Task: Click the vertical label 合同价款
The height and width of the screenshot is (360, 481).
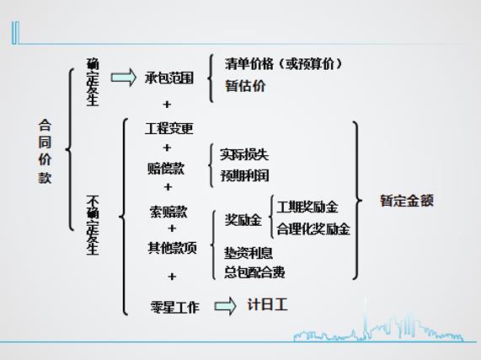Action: [45, 151]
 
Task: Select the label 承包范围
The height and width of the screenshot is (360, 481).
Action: [169, 78]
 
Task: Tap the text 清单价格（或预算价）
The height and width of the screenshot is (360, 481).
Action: [283, 64]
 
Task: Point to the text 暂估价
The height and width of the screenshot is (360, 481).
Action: [245, 86]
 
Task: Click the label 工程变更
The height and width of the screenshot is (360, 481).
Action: [169, 128]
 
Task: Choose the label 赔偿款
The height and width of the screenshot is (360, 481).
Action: [166, 169]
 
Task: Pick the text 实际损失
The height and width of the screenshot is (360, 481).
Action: [244, 154]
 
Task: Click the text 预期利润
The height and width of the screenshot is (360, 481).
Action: [244, 175]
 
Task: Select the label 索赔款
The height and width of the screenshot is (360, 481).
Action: [168, 212]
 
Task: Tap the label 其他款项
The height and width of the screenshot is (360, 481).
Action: [172, 248]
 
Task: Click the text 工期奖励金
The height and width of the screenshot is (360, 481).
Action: [307, 207]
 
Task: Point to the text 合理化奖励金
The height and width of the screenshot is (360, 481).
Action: [313, 229]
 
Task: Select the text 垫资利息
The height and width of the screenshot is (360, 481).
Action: [249, 253]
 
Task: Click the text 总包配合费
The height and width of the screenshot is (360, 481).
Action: [254, 272]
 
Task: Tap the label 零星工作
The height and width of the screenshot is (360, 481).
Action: [175, 307]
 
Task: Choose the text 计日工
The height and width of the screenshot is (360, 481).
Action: [267, 304]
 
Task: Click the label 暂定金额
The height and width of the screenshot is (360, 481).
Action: [407, 201]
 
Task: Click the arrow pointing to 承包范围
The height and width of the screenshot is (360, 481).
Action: [123, 78]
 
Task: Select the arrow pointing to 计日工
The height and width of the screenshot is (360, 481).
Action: [226, 306]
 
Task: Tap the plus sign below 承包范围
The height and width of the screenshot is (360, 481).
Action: [167, 105]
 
